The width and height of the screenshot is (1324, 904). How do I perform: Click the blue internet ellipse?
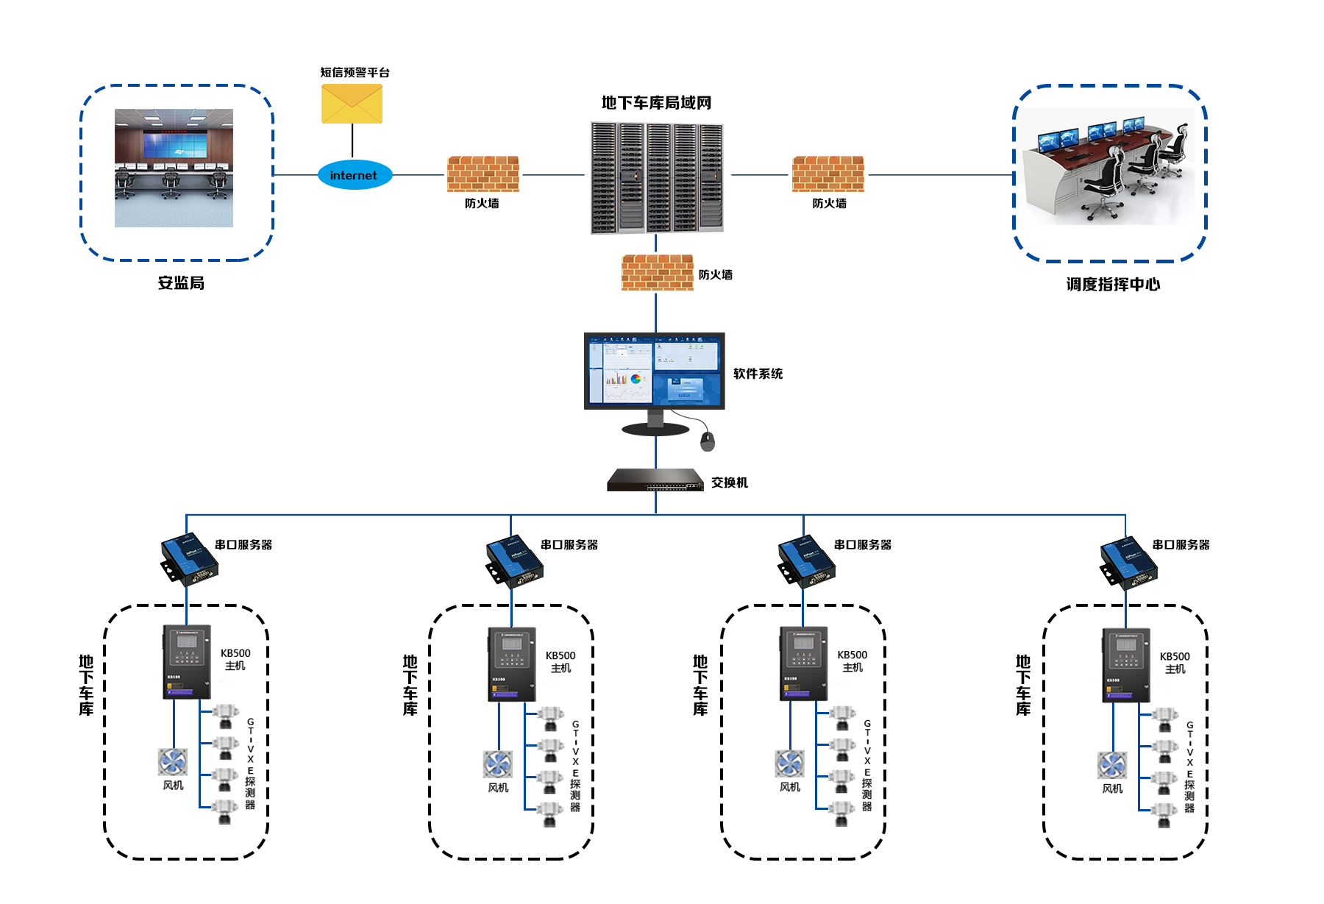tap(355, 175)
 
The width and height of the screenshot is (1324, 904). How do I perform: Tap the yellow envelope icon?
tap(352, 104)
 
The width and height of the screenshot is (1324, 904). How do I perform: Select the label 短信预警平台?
tap(355, 72)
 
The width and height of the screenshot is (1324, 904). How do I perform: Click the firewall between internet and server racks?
tap(483, 174)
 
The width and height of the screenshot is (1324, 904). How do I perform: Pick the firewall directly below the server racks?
tap(657, 272)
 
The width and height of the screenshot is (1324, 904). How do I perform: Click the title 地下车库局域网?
tap(656, 103)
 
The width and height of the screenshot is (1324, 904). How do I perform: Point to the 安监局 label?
tap(181, 283)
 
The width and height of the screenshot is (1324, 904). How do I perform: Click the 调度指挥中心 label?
tap(1113, 285)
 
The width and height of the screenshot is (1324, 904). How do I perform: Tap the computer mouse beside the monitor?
tap(708, 441)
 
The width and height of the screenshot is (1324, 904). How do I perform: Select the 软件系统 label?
tap(758, 374)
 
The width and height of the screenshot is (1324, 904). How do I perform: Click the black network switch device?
tap(655, 480)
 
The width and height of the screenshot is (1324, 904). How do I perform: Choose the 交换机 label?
tap(729, 483)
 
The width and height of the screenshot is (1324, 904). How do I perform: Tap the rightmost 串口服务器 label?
tap(1181, 545)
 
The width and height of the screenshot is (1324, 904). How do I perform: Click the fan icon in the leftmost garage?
tap(173, 762)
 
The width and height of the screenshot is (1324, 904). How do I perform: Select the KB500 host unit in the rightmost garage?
tap(1125, 665)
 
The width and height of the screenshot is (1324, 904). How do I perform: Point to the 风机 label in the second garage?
tap(498, 788)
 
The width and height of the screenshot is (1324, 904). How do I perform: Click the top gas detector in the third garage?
tap(841, 716)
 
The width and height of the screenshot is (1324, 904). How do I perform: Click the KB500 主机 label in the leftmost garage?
tap(235, 659)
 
